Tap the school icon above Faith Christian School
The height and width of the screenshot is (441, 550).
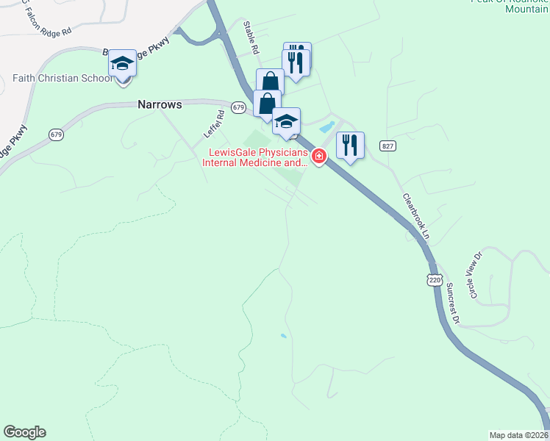123,64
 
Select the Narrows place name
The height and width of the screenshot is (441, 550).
160,105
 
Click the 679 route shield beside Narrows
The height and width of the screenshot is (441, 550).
238,107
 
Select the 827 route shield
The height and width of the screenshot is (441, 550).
388,147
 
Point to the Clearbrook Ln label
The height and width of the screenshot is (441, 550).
415,216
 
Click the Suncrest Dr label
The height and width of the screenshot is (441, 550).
452,302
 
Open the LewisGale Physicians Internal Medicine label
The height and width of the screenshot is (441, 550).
254,158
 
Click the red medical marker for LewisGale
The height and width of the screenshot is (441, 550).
318,157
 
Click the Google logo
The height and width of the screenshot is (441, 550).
24,432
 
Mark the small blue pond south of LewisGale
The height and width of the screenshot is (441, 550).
284,337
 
